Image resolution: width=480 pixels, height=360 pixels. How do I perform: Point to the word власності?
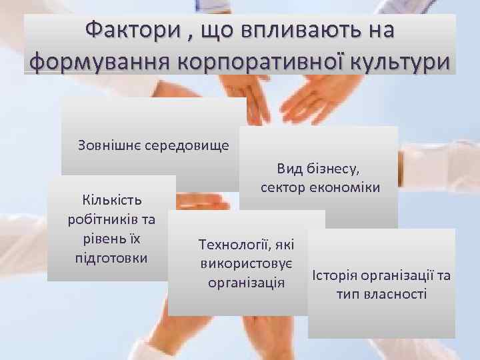[394, 294]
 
